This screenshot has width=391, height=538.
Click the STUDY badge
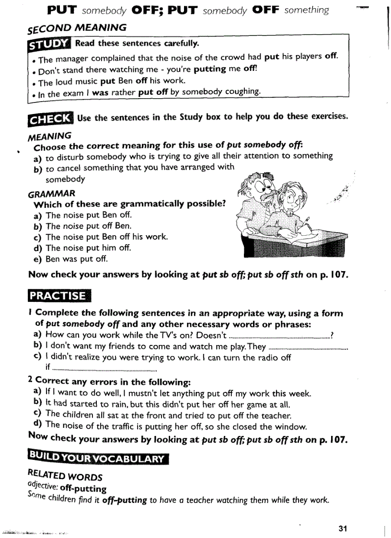coord(49,44)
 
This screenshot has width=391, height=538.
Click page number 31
coord(342,528)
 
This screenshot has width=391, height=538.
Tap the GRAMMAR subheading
coord(51,194)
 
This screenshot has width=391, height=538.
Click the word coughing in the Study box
coord(242,92)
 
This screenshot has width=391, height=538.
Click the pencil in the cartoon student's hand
coord(305,223)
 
